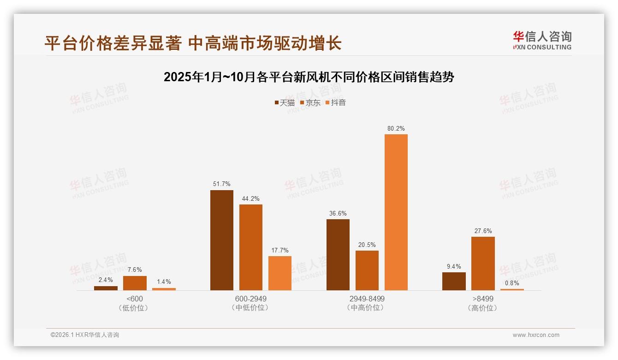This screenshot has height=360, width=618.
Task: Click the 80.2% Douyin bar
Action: click(396, 212)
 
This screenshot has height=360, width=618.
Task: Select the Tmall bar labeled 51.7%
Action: click(222, 240)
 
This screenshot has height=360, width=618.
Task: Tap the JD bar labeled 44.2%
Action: click(251, 247)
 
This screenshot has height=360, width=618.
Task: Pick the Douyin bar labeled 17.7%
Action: click(280, 273)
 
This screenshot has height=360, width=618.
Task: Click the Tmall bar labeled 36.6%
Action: click(338, 255)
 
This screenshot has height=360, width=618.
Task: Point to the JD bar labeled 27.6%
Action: click(483, 264)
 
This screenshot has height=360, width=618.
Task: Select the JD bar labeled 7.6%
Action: click(135, 283)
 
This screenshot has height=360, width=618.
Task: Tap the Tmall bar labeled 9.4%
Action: click(454, 281)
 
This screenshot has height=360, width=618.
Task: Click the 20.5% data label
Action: click(367, 245)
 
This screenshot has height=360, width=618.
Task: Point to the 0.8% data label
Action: click(512, 283)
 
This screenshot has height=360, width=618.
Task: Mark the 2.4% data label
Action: click(106, 280)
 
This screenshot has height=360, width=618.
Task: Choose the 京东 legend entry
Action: click(310, 103)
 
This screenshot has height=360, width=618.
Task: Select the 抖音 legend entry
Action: click(336, 103)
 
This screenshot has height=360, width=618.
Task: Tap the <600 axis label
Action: click(134, 299)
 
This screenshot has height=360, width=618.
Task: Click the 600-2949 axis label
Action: click(250, 299)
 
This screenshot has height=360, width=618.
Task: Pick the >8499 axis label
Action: click(482, 299)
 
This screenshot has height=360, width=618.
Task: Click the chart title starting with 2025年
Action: click(309, 77)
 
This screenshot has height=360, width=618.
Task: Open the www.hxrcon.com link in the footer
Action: click(536, 335)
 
